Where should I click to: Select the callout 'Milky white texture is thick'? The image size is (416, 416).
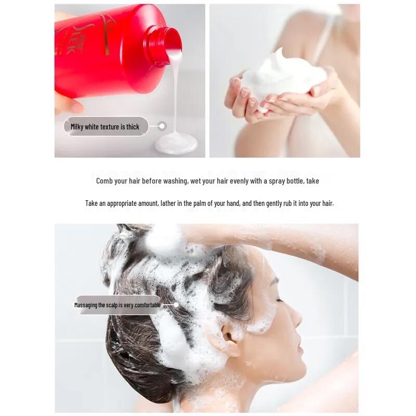pos(106,126)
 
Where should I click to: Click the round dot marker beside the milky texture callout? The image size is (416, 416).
pos(162,126)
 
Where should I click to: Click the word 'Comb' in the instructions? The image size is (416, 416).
pos(105,181)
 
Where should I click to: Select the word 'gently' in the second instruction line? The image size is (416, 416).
pos(276,203)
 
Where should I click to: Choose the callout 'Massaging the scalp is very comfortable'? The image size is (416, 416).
pos(118,305)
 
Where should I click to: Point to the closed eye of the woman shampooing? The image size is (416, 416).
pos(279,300)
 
